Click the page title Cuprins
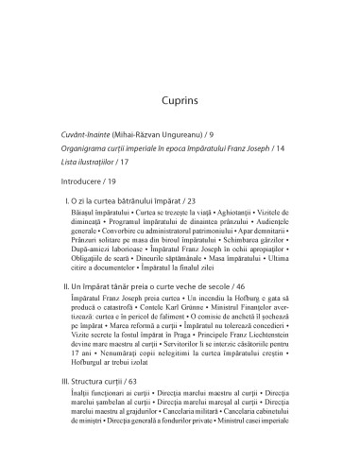point(179,97)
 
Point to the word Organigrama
point(94,149)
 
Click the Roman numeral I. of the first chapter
point(66,202)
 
